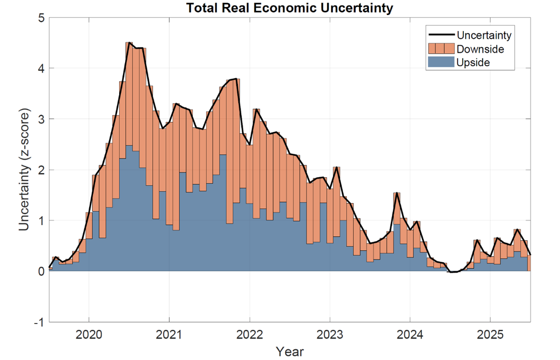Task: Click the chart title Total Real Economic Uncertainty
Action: click(x=290, y=8)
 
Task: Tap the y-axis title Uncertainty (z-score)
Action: click(x=25, y=170)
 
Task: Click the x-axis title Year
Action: click(x=290, y=351)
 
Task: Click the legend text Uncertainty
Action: click(x=483, y=35)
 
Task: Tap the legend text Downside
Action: click(x=480, y=49)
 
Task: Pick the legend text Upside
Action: click(x=473, y=62)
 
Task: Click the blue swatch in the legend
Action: click(x=440, y=62)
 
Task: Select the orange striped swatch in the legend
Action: click(x=440, y=49)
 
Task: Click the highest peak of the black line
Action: click(x=129, y=42)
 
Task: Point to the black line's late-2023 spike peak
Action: click(x=397, y=193)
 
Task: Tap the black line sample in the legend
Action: click(x=440, y=35)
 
